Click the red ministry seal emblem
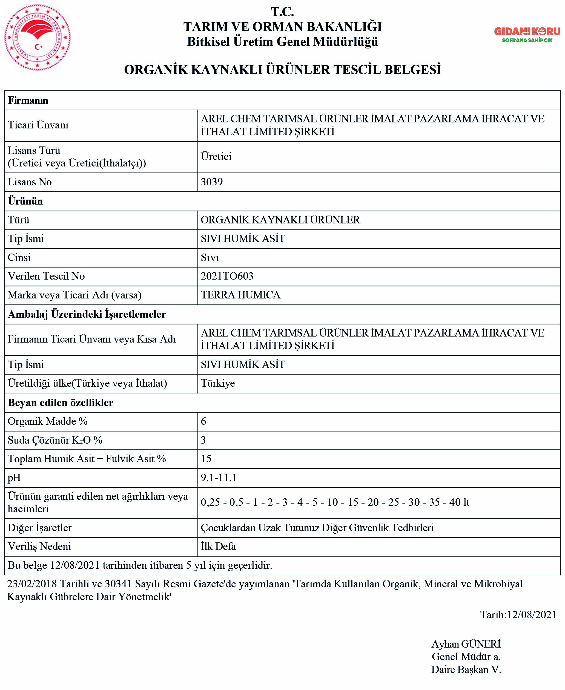(x=38, y=38)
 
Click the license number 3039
(x=211, y=182)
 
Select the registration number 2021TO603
(x=227, y=276)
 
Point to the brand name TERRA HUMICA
(x=240, y=295)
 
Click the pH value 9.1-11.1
(x=218, y=478)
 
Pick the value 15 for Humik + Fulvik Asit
(x=206, y=459)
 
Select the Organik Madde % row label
(x=48, y=421)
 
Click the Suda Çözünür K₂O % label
(x=55, y=440)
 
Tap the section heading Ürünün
(x=25, y=201)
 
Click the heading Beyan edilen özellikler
(x=61, y=403)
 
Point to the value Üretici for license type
(x=216, y=156)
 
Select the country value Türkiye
(x=218, y=383)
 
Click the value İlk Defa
(x=218, y=546)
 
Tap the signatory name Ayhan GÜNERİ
(x=466, y=644)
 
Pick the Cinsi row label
(x=19, y=257)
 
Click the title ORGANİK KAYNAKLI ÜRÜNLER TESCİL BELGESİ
(x=283, y=70)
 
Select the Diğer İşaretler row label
(x=39, y=528)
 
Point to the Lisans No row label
(x=30, y=182)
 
